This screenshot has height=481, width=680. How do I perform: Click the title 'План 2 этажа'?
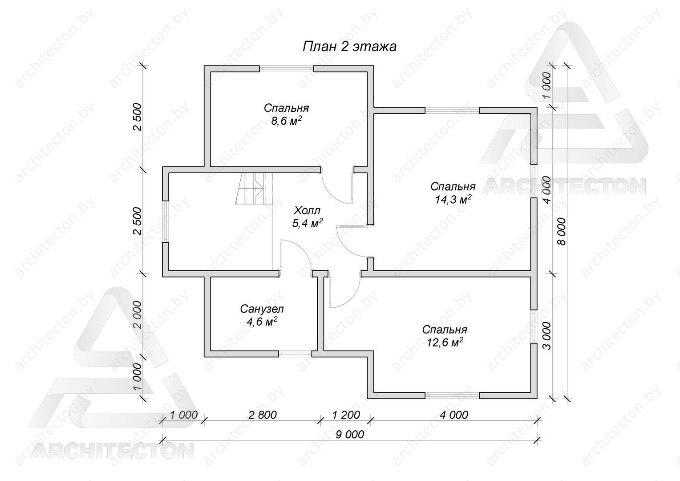pos(349,47)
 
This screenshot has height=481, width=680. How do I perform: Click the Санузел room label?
pos(262,310)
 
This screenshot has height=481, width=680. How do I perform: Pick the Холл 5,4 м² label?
pos(307,217)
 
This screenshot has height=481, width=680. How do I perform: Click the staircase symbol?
pos(254,189)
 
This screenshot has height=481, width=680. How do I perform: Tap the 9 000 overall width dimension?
pos(350,435)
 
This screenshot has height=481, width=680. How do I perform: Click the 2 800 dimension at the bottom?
pos(263,415)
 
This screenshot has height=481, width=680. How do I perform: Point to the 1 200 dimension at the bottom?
pos(346,415)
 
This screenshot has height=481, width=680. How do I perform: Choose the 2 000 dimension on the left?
pos(137,315)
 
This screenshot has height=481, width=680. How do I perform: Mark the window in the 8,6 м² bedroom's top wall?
pos(286,69)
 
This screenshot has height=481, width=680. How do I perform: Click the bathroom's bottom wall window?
pos(295,354)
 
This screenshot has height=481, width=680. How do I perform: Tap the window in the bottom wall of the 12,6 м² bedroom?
pos(452,395)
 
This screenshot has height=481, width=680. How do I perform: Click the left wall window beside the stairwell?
pos(166,221)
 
